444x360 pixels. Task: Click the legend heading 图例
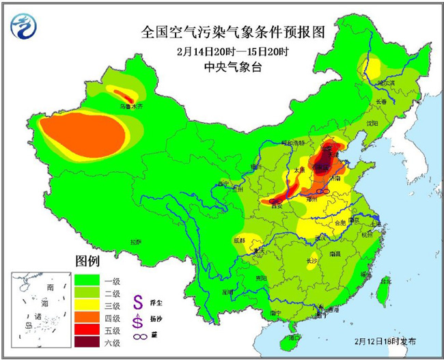click(87, 262)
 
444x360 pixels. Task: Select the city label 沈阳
click(371, 124)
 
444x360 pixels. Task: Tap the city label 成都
click(238, 240)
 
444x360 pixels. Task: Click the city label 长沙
click(311, 260)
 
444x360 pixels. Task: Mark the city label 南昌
click(335, 253)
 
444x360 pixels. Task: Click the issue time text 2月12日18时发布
click(386, 340)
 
